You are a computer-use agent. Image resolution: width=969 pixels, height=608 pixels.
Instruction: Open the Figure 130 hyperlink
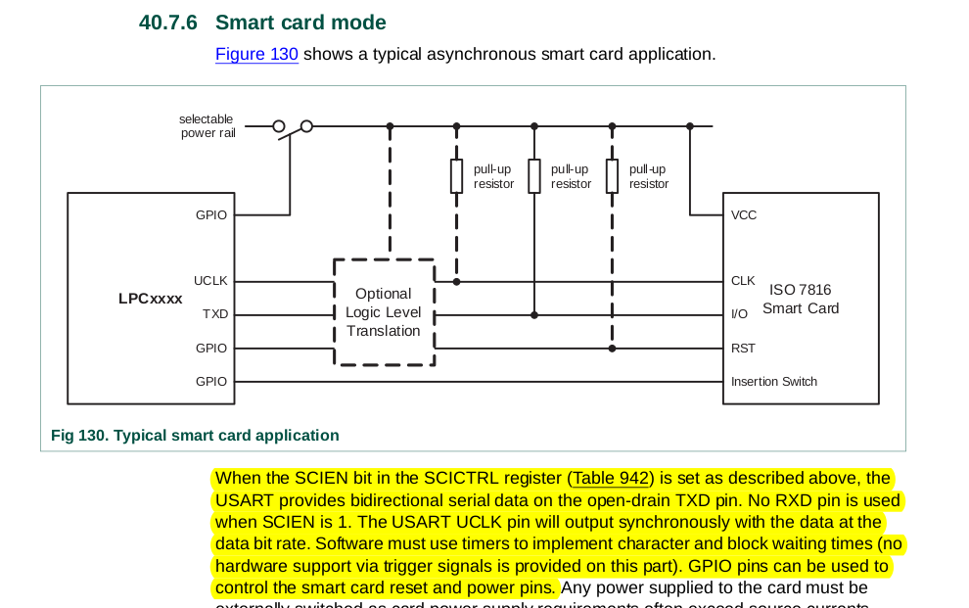[256, 54]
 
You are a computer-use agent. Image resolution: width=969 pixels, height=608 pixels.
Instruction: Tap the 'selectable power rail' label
[207, 126]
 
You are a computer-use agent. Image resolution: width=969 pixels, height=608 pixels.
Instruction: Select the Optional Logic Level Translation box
[384, 312]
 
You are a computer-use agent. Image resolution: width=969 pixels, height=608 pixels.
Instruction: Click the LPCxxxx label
[150, 299]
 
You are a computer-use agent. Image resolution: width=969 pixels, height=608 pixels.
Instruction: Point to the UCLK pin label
[210, 281]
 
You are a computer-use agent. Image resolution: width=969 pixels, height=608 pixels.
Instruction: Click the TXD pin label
[214, 314]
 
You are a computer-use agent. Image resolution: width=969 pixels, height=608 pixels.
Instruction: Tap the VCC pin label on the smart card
[744, 215]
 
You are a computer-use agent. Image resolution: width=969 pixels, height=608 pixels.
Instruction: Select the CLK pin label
[743, 281]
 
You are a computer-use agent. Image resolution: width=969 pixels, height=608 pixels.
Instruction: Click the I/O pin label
[739, 314]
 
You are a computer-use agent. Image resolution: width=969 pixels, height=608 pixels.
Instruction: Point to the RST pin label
[743, 348]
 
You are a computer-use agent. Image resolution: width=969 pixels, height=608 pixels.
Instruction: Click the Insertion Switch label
[773, 382]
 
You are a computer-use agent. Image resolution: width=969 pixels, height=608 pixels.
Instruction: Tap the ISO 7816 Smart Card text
[800, 299]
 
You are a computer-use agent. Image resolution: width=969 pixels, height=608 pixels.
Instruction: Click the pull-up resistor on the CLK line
[456, 176]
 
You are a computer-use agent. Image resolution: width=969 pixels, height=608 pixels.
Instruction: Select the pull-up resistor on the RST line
[612, 176]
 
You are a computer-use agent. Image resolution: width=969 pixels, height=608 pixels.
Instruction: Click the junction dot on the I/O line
[534, 315]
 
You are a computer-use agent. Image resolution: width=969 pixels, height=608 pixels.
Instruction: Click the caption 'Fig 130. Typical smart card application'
[195, 436]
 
